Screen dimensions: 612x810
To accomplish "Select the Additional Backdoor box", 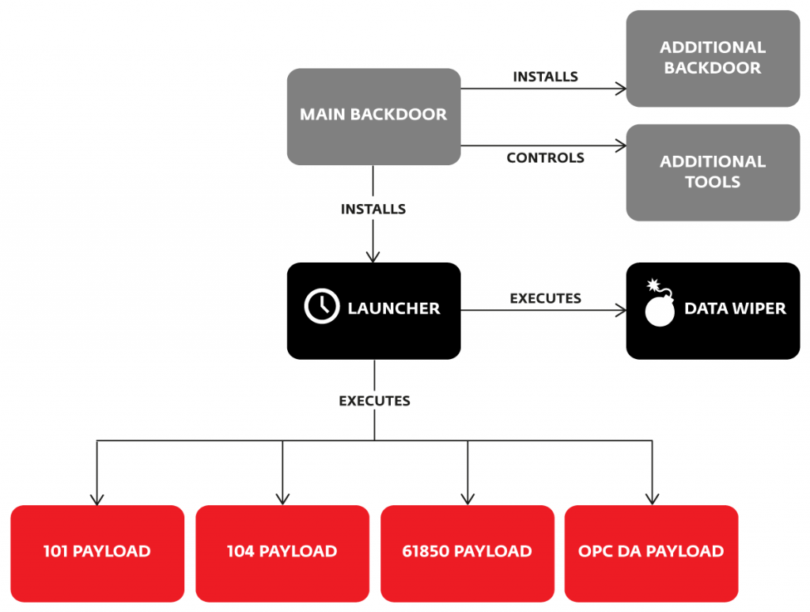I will coord(713,59).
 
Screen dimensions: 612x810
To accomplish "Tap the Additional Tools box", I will coord(713,172).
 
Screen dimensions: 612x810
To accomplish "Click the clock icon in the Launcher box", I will coord(322,308).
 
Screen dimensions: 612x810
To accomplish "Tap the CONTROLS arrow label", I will coord(545,158).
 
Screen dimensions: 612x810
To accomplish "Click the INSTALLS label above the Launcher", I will coord(373,210).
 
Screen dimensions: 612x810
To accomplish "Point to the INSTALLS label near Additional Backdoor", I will coord(545,77).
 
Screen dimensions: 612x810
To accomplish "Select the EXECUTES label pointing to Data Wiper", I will coord(545,298).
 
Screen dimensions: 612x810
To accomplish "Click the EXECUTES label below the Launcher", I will coord(374,401).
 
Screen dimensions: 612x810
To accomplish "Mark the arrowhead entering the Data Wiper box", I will coord(621,311).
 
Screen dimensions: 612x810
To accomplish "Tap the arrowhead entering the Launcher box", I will coord(373,257).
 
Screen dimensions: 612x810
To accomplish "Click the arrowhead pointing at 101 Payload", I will coord(97,499).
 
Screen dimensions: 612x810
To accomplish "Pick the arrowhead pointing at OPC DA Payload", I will coord(652,499).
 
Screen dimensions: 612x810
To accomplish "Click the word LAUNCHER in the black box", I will coord(393,308).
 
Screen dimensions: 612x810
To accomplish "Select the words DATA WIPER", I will coord(735,308).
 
